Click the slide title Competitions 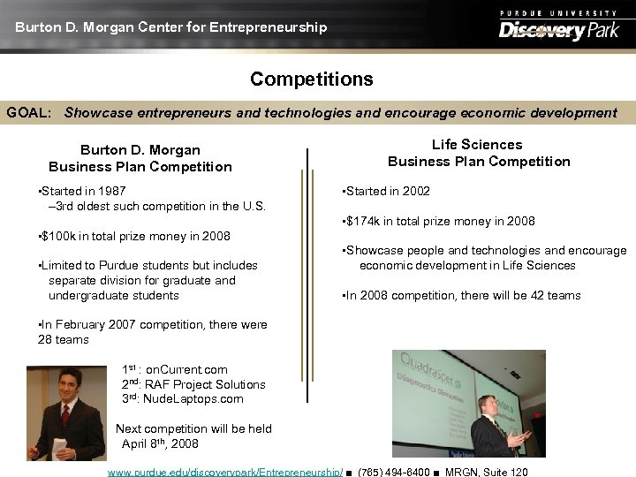tap(311, 79)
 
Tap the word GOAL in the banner tap(28, 113)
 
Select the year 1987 tap(112, 191)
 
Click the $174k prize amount tap(366, 221)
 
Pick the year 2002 tap(416, 191)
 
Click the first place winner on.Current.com tap(186, 369)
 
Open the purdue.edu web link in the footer tap(225, 472)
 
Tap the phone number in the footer tap(394, 472)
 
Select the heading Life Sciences tap(477, 145)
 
